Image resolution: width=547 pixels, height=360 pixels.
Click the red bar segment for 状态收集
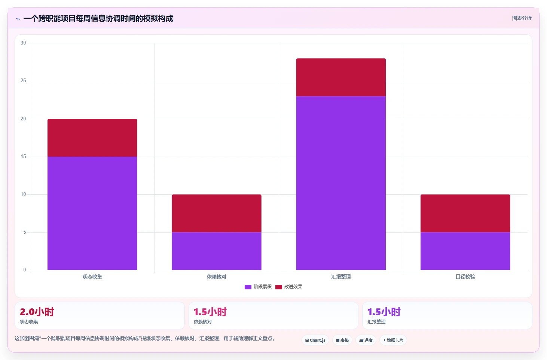(x=92, y=138)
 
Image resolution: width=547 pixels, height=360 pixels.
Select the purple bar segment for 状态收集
(x=92, y=213)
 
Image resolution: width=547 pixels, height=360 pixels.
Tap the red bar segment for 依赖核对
(x=217, y=213)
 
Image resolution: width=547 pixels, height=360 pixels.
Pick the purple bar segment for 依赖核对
(x=217, y=251)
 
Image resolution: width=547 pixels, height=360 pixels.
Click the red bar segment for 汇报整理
(x=341, y=77)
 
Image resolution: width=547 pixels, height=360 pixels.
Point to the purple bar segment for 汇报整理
(x=341, y=183)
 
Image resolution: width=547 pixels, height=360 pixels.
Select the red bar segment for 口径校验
(x=465, y=213)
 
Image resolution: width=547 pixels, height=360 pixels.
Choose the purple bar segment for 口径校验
(x=465, y=251)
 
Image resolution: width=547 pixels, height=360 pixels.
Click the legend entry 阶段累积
(x=258, y=287)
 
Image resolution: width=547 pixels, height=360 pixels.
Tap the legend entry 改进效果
(x=289, y=287)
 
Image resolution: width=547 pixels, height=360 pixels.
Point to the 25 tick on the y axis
(x=23, y=80)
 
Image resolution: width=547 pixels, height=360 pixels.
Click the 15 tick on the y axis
(x=23, y=156)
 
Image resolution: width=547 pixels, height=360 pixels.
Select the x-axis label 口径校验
(x=465, y=277)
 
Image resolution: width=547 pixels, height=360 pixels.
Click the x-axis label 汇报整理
(x=341, y=277)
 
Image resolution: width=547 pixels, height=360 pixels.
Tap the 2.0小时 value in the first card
(x=37, y=312)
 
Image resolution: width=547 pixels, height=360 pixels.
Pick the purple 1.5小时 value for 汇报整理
(x=384, y=312)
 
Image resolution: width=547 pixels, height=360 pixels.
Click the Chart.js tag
(x=315, y=340)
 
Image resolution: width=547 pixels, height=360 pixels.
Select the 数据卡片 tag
(x=393, y=340)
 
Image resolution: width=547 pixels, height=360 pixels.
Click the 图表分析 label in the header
(x=522, y=18)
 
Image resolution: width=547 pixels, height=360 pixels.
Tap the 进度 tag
(x=366, y=340)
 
